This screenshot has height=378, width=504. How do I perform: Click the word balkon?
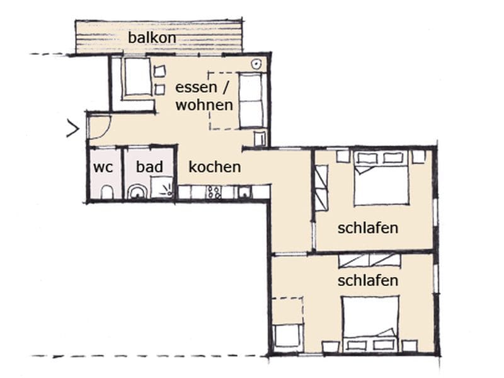152,38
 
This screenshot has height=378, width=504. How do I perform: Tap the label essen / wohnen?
204,96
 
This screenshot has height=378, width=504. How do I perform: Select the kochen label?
215,167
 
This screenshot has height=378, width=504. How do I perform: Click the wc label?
103,168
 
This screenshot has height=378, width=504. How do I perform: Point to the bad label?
149,166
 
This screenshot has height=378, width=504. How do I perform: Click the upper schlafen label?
368,228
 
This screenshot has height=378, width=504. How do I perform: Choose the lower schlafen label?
368,280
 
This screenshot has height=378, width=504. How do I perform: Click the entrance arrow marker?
73,129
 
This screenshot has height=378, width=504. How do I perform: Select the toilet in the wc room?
106,192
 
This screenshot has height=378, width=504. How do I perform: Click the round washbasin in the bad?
138,192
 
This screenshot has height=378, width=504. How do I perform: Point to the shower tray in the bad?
162,187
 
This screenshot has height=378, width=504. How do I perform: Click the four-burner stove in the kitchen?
214,192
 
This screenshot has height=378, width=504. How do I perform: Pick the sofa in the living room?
253,100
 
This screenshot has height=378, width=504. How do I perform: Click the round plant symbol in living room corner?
256,64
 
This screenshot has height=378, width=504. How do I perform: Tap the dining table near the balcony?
137,77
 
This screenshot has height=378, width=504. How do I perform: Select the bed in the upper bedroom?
381,178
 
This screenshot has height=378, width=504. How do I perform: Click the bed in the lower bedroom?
370,324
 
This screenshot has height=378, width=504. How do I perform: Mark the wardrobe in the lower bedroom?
370,260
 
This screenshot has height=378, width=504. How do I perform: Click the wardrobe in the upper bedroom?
321,188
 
